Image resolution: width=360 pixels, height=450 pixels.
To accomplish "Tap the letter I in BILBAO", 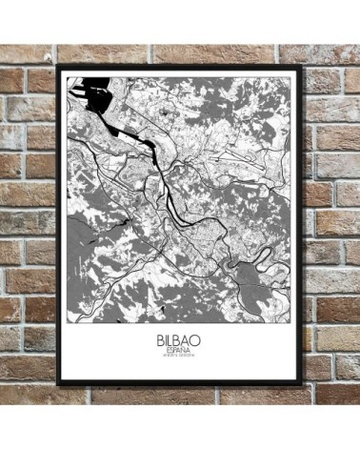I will pos(164,337).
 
